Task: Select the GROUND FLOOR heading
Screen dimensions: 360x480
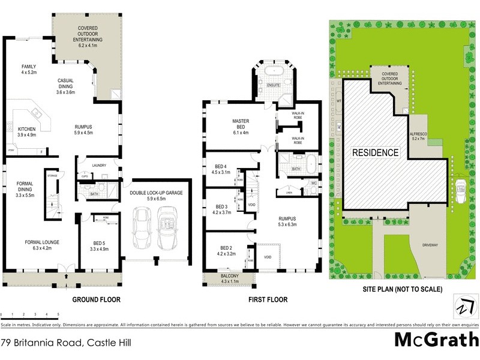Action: (x=97, y=299)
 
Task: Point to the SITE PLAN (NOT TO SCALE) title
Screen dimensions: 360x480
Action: (x=403, y=289)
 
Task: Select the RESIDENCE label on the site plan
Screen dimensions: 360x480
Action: (x=375, y=152)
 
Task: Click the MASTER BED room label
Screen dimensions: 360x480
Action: (x=241, y=124)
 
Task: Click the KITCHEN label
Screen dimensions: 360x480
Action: (x=27, y=132)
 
